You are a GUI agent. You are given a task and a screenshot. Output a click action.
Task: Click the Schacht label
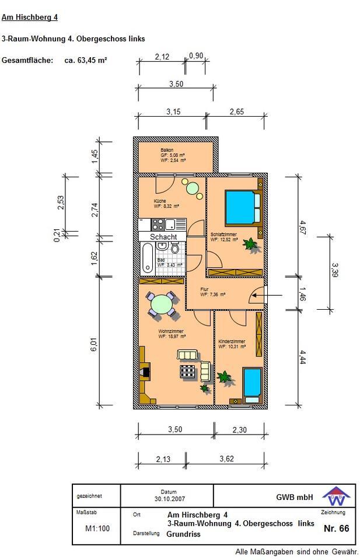[163, 237]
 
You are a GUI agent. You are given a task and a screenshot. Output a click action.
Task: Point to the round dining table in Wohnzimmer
[162, 304]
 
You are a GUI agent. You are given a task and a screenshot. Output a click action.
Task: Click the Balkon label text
[167, 150]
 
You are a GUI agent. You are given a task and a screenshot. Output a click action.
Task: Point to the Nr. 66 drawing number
[335, 528]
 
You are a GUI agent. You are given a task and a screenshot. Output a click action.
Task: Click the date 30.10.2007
[167, 499]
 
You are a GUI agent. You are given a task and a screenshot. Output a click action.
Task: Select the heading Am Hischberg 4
[30, 17]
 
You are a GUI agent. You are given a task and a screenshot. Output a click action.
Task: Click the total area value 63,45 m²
[86, 60]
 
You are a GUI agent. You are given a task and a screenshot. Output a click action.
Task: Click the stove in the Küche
[158, 224]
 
